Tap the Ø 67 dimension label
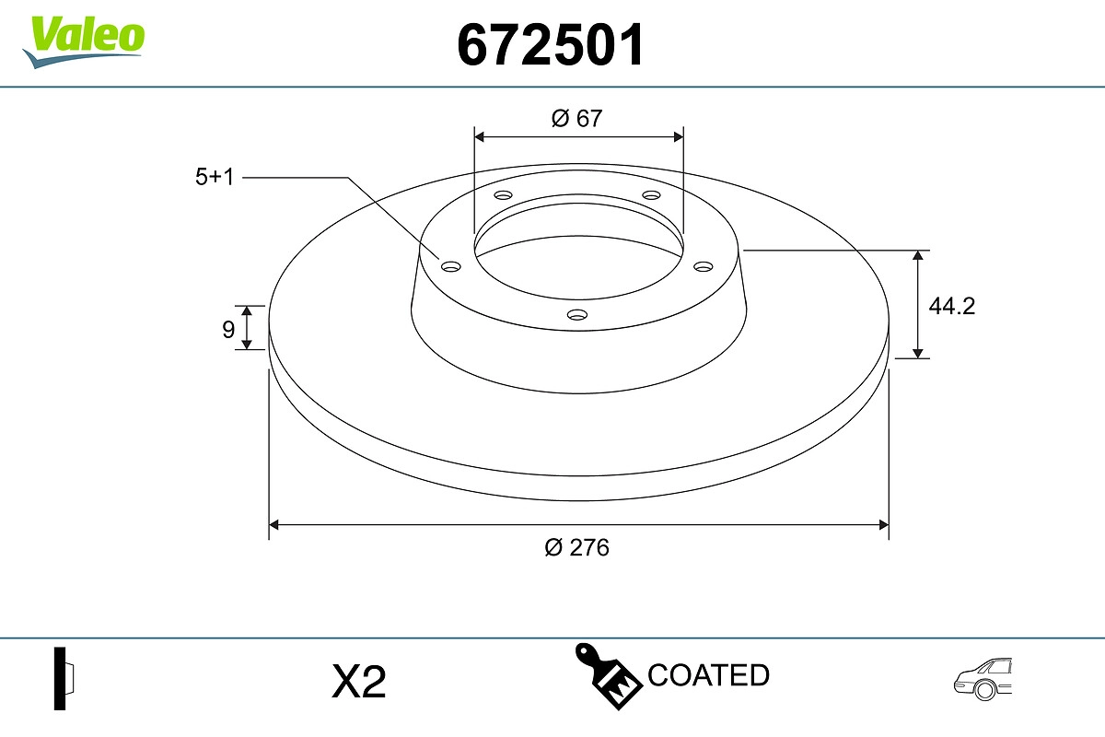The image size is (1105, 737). point(577,118)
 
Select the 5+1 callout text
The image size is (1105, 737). point(215,177)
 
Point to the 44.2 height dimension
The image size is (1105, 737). point(951,306)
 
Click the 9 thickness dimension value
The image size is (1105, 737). point(228,329)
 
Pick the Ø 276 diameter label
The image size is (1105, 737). point(577,547)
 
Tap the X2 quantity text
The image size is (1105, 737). point(358,683)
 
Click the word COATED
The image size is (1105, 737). point(708,675)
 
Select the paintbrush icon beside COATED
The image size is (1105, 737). point(608,677)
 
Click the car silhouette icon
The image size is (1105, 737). point(983,679)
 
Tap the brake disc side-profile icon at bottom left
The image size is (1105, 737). point(64,678)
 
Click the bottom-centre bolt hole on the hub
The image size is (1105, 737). point(577,315)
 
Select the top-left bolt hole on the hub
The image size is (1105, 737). point(503,195)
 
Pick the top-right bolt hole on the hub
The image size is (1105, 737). point(652,195)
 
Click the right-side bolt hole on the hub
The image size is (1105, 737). point(704,266)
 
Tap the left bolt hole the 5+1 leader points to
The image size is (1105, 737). point(451,266)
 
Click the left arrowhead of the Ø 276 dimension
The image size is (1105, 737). point(273,525)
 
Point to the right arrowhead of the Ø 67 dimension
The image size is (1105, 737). point(679,136)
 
